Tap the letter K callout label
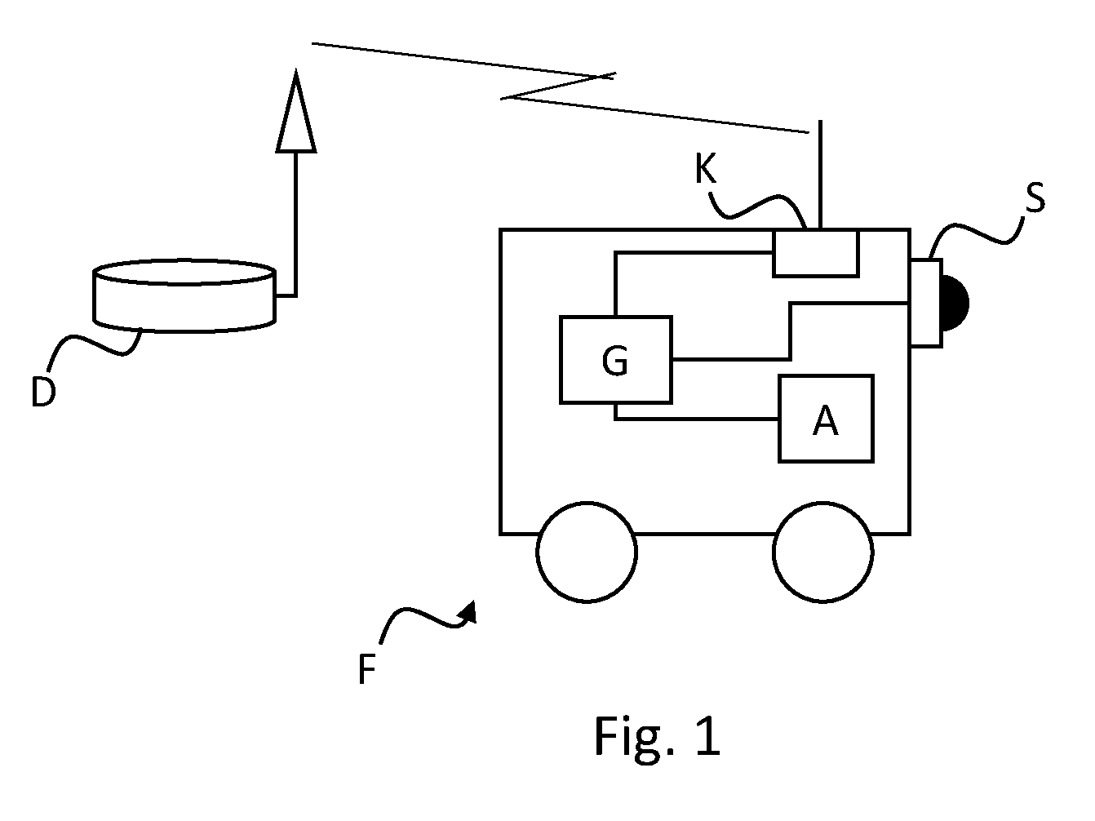point(706,168)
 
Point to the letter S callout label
point(1035,197)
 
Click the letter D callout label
point(43,392)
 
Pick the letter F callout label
point(366,669)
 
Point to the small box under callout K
point(816,252)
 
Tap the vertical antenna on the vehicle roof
point(820,174)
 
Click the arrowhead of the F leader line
point(469,613)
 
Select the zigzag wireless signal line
point(558,87)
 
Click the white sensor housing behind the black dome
point(926,302)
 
